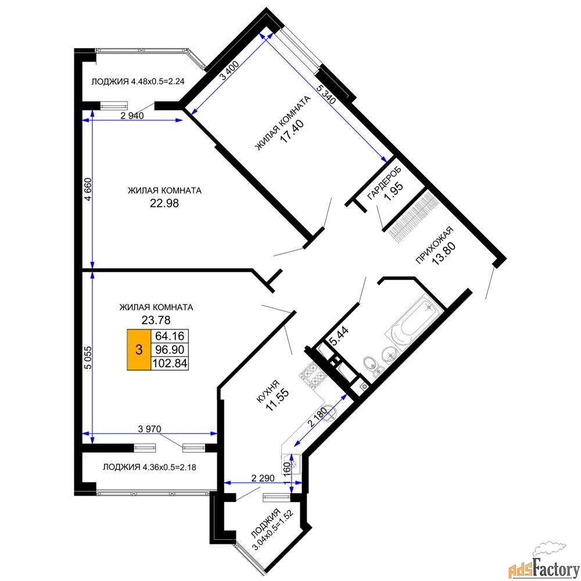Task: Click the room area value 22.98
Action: coord(164,203)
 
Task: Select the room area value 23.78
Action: coord(156,320)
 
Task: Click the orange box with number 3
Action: coord(139,349)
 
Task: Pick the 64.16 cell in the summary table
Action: coord(170,336)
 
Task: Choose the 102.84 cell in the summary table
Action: coord(170,363)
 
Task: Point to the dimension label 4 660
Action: coord(88,190)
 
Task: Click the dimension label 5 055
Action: coord(88,357)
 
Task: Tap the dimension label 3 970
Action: coord(150,429)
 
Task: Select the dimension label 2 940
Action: coord(132,116)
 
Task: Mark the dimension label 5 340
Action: coord(327,94)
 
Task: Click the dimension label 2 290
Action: coord(263,478)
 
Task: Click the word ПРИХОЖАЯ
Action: coord(434,245)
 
